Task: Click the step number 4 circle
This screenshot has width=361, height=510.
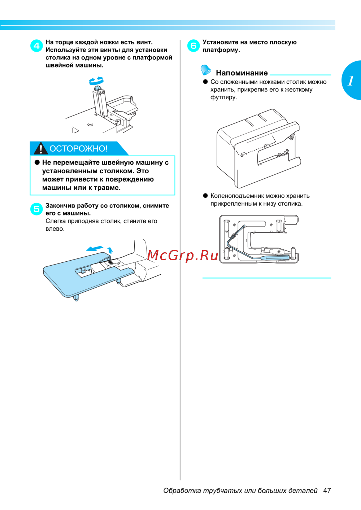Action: click(x=36, y=45)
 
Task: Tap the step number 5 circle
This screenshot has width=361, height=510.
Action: click(x=36, y=209)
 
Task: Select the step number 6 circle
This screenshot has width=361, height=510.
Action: click(x=193, y=45)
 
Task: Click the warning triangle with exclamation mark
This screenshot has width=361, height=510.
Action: click(x=40, y=148)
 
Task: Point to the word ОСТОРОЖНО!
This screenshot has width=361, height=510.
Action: click(x=78, y=149)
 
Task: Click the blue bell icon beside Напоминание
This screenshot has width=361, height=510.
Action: click(x=206, y=70)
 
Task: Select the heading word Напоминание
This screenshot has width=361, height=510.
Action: click(x=242, y=73)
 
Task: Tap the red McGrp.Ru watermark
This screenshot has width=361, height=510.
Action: click(x=182, y=256)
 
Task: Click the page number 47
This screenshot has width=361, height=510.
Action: click(x=327, y=491)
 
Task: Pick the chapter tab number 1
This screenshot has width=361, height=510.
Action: click(x=351, y=81)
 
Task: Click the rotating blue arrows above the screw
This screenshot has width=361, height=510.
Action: click(x=96, y=80)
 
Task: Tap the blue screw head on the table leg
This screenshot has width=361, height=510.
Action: click(x=98, y=88)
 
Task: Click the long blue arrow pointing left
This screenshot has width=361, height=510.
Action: click(x=95, y=248)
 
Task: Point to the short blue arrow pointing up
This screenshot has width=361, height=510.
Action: click(x=110, y=250)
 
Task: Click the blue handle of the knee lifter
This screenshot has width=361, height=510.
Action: click(x=275, y=258)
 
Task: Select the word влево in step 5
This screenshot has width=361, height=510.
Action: click(x=55, y=228)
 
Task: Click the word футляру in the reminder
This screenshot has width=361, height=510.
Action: click(x=224, y=97)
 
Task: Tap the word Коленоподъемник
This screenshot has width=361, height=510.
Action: click(x=237, y=196)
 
